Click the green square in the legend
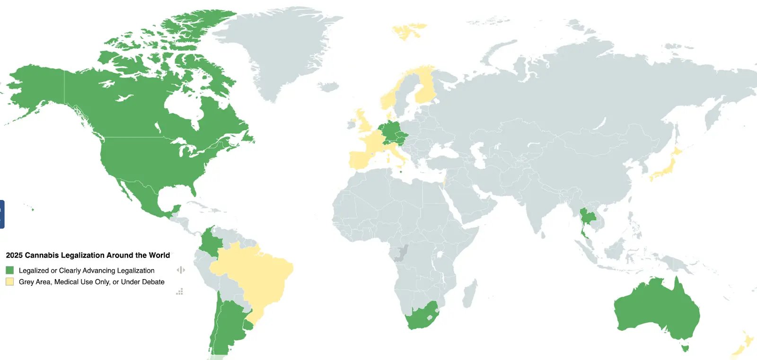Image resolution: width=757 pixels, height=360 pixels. [9, 270]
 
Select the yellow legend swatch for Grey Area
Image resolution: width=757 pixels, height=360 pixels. [9, 281]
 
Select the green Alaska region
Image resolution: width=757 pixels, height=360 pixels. [35, 88]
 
